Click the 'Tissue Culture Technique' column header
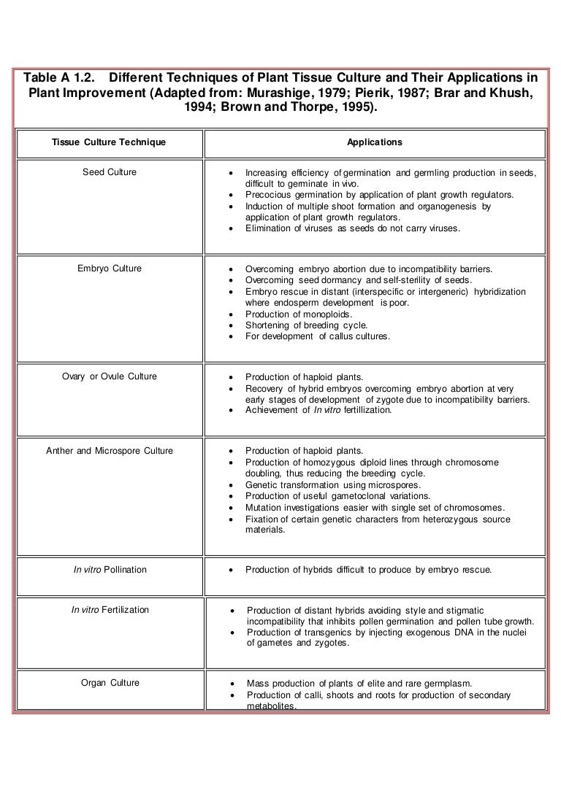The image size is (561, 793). pos(109,142)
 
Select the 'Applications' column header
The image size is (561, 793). pos(374,142)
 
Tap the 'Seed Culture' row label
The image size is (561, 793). pos(110,172)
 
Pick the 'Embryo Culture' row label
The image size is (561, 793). pos(110,268)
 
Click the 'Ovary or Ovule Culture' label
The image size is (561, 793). pos(110,376)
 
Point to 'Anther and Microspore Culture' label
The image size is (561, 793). pos(110,451)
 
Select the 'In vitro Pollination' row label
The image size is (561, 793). pos(110,570)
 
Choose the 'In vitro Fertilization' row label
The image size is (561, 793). pos(110,610)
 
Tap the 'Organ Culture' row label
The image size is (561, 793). pos(110,684)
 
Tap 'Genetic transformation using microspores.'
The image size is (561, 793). pos(335,484)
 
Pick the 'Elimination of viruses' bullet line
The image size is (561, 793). pos(353,228)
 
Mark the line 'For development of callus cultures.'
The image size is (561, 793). pos(318,336)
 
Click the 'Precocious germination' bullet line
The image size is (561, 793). pos(379,195)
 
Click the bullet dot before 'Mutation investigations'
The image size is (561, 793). pos(231,508)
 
